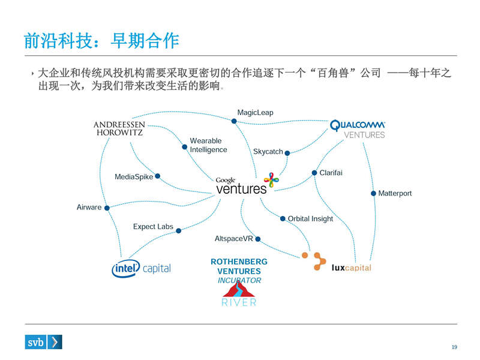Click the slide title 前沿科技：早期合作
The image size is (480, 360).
click(101, 40)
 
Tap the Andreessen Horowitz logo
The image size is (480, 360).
click(119, 128)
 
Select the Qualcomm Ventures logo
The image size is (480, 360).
click(358, 129)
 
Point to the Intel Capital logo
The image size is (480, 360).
click(142, 269)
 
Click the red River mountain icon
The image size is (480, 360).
click(239, 290)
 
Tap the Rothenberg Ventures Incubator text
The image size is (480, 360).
click(239, 271)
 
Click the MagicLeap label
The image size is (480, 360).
click(255, 112)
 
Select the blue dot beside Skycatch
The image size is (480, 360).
click(288, 152)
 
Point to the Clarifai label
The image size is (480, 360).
click(331, 173)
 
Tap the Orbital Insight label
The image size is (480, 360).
click(310, 219)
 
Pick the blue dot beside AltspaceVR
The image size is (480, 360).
click(258, 239)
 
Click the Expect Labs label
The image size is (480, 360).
click(153, 227)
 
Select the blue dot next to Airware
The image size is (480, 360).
click(107, 208)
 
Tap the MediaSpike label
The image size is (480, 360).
click(134, 177)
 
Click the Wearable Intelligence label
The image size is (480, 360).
click(209, 145)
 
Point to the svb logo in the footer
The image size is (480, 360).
click(44, 342)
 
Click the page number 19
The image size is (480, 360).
click(454, 347)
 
